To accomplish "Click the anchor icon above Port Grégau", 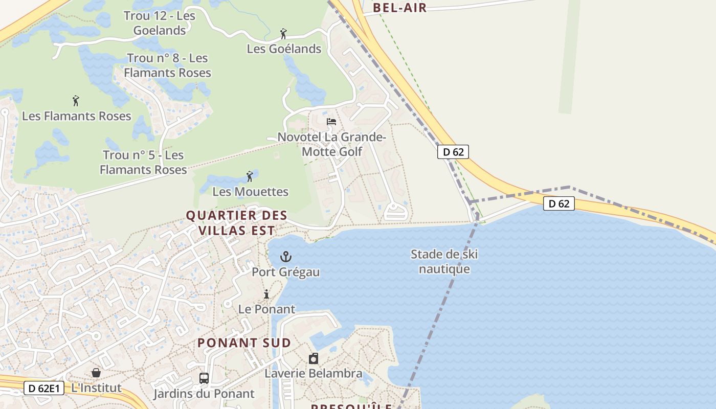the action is (x=286, y=257).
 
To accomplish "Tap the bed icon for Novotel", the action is (x=331, y=122).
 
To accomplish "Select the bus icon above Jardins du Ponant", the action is (x=204, y=378).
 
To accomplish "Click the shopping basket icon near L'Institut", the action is (x=96, y=372).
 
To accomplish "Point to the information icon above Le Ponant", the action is (x=266, y=294).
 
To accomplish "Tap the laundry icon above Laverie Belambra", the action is (x=313, y=358).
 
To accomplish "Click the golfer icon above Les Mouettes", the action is (x=250, y=176).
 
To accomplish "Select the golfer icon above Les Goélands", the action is (x=283, y=34).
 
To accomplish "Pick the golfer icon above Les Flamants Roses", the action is (x=76, y=101).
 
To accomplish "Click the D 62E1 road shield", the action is (x=44, y=389).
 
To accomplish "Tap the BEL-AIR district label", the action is (x=400, y=7).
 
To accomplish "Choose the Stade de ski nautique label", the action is (x=444, y=261).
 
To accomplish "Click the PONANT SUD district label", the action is (x=244, y=343).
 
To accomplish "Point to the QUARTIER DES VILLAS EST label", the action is (x=236, y=223).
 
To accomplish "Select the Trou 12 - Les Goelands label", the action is (x=160, y=23).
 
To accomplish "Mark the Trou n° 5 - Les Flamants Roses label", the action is (x=143, y=162).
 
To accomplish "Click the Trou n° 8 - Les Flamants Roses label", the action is (x=167, y=65).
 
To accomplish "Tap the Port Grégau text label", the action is (x=286, y=272).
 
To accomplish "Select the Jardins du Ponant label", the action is (x=204, y=394).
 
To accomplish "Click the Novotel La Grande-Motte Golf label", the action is (x=332, y=144).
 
